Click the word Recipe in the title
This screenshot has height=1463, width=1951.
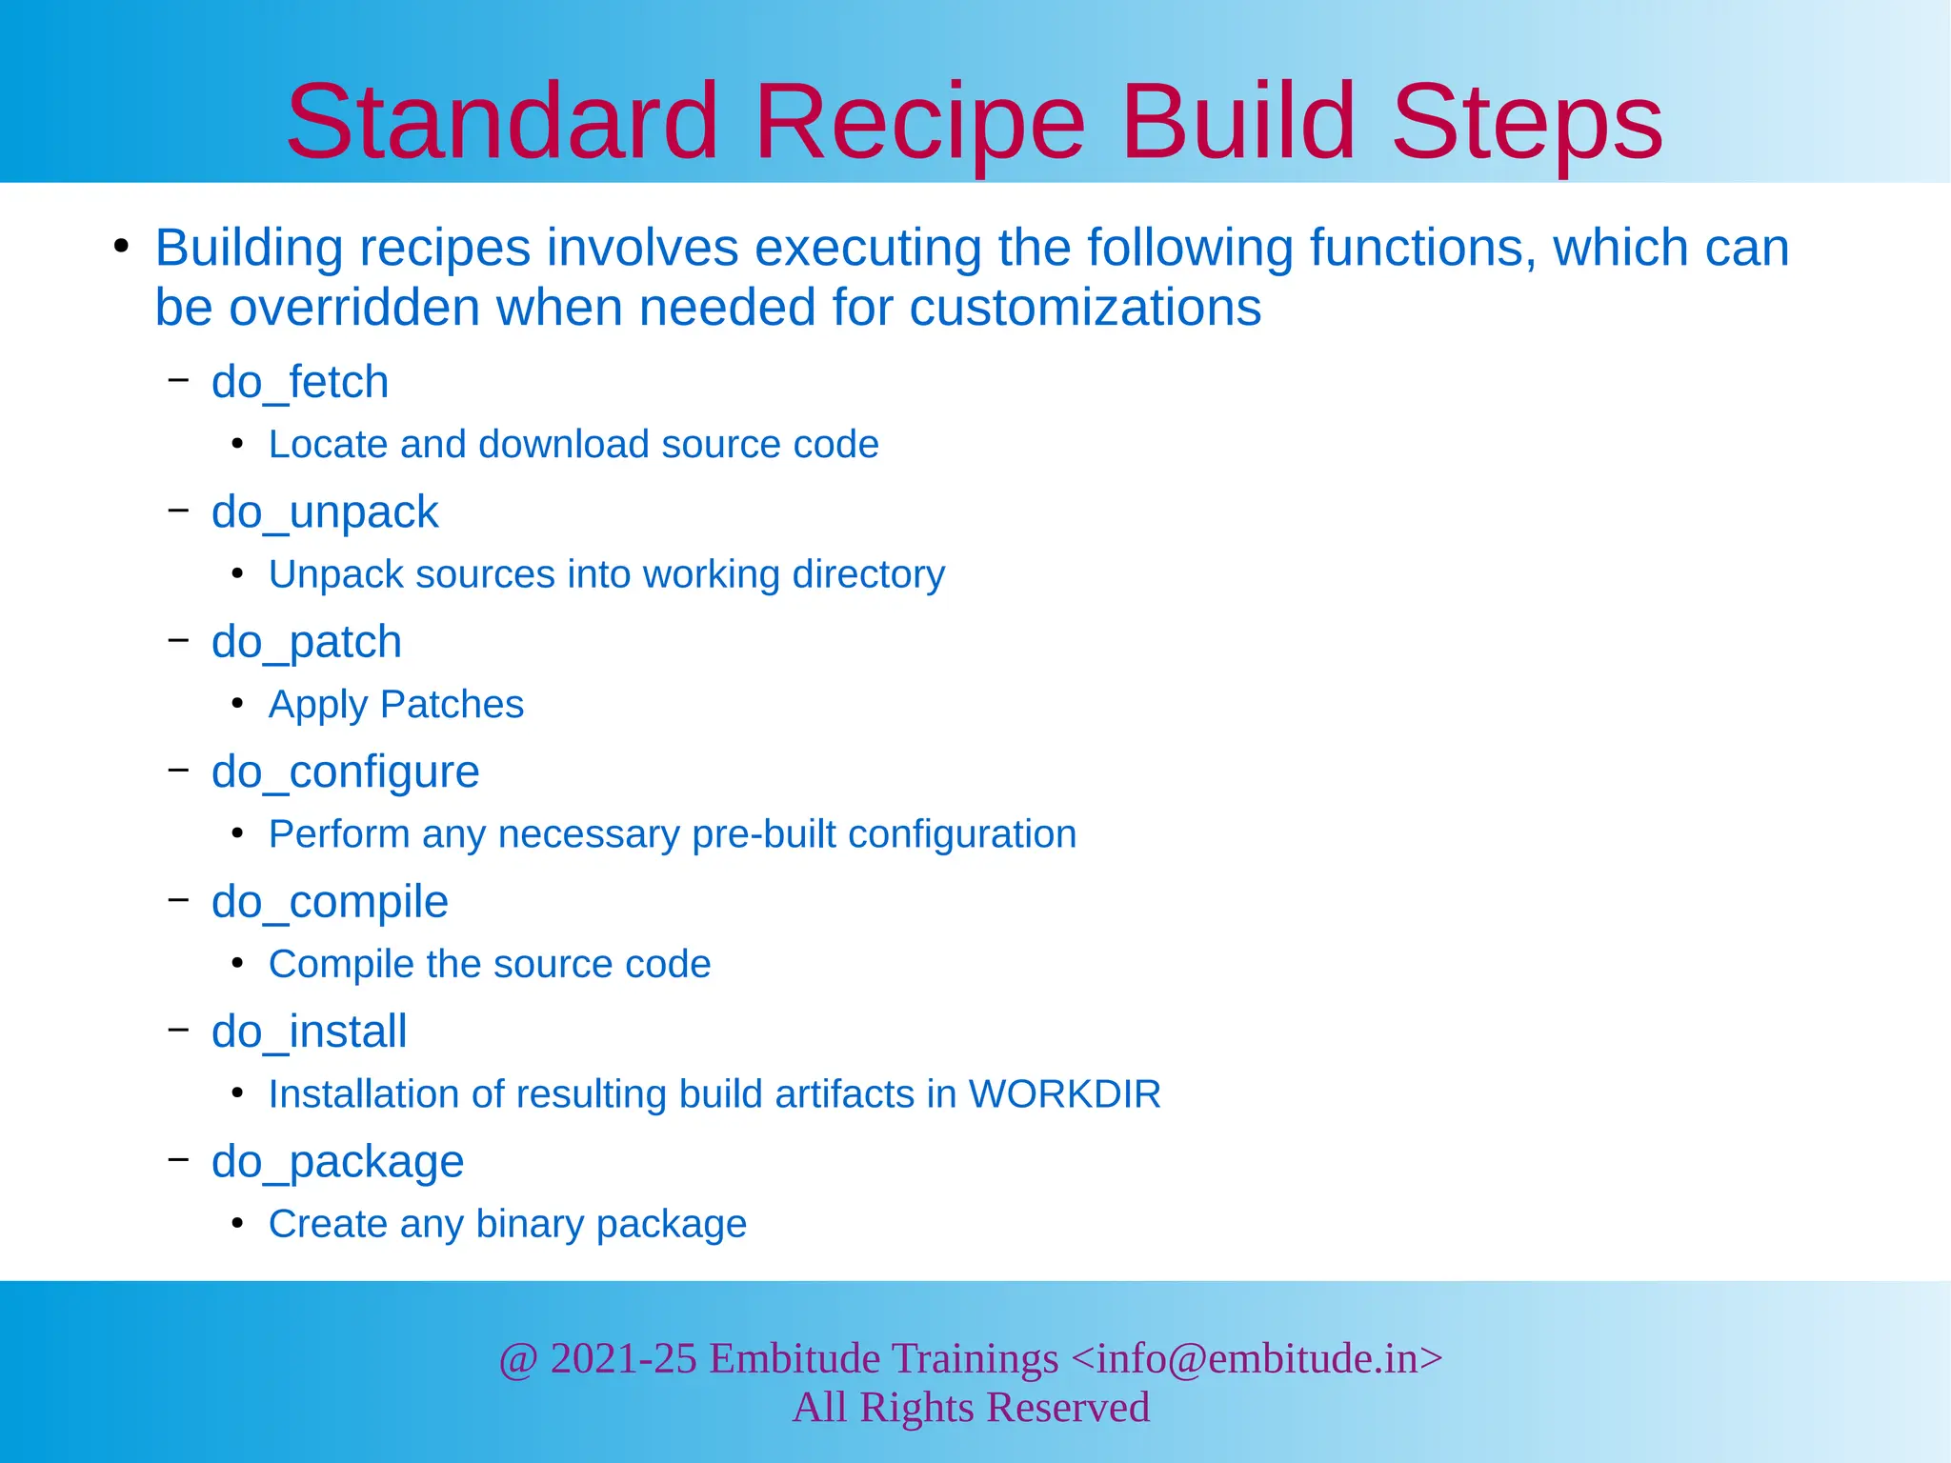click(919, 122)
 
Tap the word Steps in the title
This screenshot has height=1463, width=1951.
click(1527, 122)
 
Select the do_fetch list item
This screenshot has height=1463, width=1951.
click(300, 382)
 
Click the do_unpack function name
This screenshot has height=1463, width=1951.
click(325, 512)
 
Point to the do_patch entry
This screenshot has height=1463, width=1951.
click(307, 642)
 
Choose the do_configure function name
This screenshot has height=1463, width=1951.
click(345, 772)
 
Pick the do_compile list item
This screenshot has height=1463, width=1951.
click(330, 902)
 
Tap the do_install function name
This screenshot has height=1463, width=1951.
click(310, 1032)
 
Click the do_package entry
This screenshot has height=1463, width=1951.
click(337, 1162)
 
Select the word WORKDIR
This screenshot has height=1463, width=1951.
click(1064, 1094)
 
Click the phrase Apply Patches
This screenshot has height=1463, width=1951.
click(396, 705)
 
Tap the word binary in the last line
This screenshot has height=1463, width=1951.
click(530, 1224)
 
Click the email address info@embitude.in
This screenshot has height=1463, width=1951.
click(1257, 1358)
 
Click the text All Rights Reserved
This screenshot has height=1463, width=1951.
click(971, 1408)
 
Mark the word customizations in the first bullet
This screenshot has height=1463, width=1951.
click(1085, 308)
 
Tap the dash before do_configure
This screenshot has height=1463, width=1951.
click(178, 770)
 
